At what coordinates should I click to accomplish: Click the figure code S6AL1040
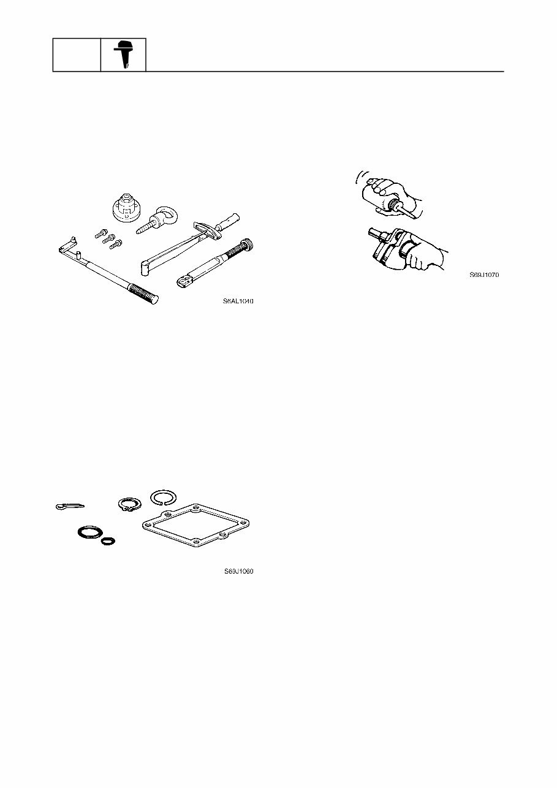pos(238,301)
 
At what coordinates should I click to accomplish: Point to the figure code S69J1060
pos(238,572)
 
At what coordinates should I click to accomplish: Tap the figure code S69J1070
pos(484,275)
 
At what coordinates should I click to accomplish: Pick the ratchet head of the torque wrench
pos(182,281)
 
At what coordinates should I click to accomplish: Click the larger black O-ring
pos(89,531)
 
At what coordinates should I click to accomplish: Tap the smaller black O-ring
pos(109,541)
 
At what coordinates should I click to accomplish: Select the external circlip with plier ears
pos(130,504)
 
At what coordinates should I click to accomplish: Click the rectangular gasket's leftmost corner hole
pos(146,525)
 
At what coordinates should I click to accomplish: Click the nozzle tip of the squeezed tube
pos(416,216)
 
